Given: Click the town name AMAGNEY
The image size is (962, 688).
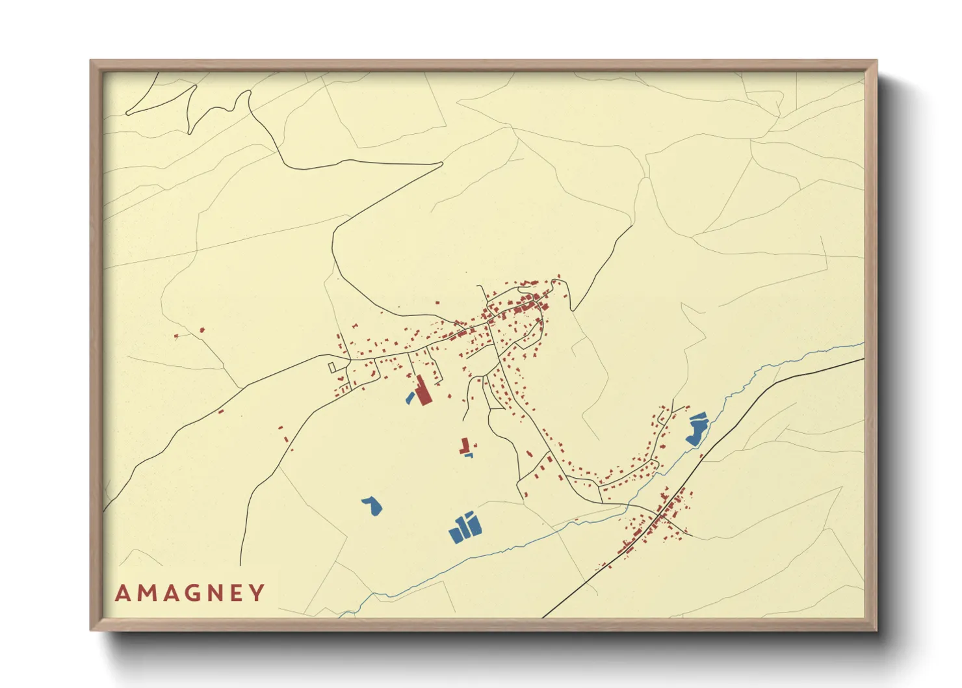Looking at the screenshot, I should click(190, 593).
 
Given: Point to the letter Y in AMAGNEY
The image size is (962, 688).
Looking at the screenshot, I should click(258, 593).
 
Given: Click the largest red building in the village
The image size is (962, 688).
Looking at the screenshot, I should click(422, 391).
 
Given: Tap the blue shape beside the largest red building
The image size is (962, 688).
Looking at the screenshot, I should click(409, 397).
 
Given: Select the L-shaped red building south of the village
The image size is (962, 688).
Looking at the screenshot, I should click(464, 446).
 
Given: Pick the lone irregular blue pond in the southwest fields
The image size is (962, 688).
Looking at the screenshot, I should click(372, 507).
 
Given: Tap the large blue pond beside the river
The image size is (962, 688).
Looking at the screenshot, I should click(696, 429).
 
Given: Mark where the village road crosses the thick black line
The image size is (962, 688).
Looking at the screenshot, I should click(661, 515).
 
